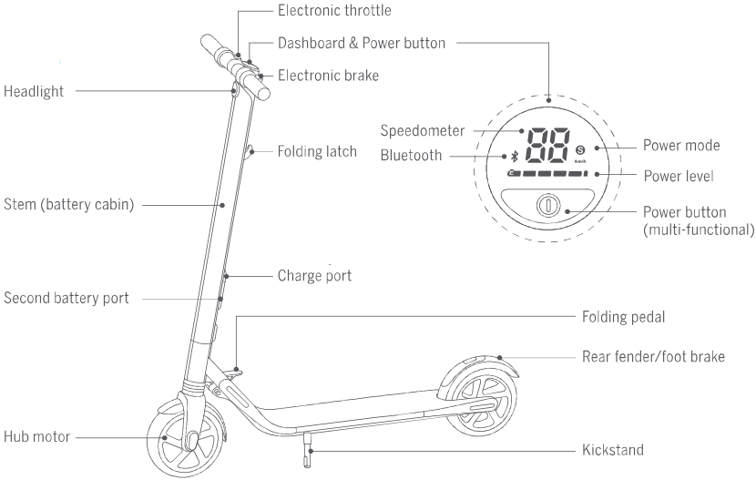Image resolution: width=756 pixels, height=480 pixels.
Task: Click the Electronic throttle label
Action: [334, 11]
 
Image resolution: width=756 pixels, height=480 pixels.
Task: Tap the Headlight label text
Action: [34, 91]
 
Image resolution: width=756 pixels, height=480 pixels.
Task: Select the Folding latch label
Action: [317, 151]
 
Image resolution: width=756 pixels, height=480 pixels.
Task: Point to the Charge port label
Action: [314, 276]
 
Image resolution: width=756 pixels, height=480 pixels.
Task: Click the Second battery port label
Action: [66, 298]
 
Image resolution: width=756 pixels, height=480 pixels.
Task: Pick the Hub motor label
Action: [37, 436]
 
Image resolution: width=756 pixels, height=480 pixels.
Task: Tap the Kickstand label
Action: [613, 450]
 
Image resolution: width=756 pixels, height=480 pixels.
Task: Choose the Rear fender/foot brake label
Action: [653, 357]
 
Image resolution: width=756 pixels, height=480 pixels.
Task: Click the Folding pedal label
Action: [623, 317]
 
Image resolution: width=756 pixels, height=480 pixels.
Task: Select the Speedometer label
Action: [423, 130]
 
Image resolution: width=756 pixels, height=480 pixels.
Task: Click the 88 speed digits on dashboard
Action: [548, 146]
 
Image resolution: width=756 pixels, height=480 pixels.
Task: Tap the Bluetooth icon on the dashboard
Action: [515, 156]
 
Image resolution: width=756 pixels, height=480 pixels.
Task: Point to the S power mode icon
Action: [580, 150]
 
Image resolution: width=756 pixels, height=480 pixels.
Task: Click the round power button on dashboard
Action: [548, 205]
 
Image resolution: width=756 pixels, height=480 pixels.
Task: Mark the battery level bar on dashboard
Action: [547, 173]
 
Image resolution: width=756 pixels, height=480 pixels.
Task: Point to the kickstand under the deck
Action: [308, 450]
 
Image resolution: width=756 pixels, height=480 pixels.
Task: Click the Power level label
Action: [679, 176]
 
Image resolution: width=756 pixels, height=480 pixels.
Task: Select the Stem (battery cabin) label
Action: [69, 204]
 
